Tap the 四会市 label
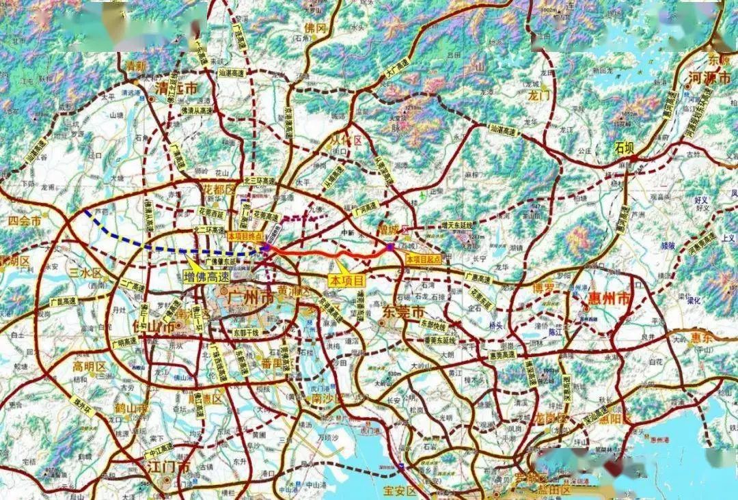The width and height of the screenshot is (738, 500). coord(26,221)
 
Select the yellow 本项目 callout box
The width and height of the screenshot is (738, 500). coord(348,280)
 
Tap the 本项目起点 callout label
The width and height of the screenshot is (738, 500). coord(424,260)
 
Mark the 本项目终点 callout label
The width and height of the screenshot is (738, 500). coord(245,234)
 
